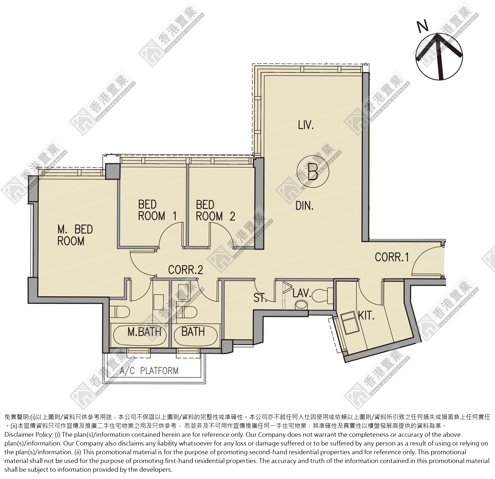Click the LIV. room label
pyautogui.click(x=306, y=125)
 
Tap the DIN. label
pyautogui.click(x=304, y=206)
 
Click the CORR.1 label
pyautogui.click(x=392, y=257)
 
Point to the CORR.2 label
pyautogui.click(x=186, y=270)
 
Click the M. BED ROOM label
pyautogui.click(x=75, y=235)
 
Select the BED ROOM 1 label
pyautogui.click(x=157, y=210)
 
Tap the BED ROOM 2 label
pyautogui.click(x=215, y=210)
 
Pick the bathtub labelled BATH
pyautogui.click(x=195, y=335)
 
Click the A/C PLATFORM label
pyautogui.click(x=149, y=371)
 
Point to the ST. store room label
pyautogui.click(x=260, y=298)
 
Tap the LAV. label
pyautogui.click(x=302, y=293)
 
